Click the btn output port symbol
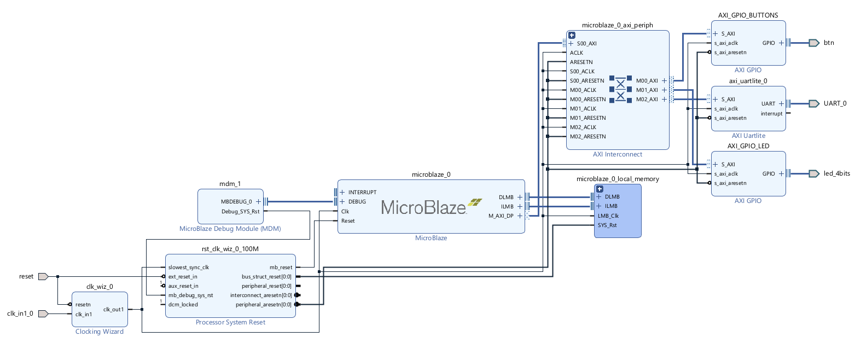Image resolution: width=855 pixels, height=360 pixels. pos(814,43)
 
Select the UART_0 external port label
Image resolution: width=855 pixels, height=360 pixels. pos(835,103)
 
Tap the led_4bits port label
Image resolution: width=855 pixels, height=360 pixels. pos(837,173)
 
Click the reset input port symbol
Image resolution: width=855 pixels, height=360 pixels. pos(43,276)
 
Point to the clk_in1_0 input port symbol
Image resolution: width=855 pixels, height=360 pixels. pos(43,314)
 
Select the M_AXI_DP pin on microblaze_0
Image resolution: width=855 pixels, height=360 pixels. pos(501,216)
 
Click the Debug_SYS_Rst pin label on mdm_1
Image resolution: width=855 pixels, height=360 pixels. pos(241,212)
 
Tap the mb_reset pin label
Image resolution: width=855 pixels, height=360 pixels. pos(281,267)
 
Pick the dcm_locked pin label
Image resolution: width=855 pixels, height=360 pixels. pos(183,305)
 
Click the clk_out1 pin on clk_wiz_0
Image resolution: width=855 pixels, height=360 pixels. pos(114,309)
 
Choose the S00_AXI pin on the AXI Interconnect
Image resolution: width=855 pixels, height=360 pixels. pos(586,44)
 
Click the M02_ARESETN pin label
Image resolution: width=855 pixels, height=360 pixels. pos(588,137)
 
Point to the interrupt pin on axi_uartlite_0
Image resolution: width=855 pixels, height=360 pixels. pos(771,114)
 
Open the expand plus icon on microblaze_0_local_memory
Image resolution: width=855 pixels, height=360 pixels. pos(600,189)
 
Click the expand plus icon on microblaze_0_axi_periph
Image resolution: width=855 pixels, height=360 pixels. pos(572,36)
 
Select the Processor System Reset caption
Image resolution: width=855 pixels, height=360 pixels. pos(230,322)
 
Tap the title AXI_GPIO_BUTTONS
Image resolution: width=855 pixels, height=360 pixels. pos(748,15)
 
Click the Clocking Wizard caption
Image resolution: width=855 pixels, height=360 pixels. pos(100,332)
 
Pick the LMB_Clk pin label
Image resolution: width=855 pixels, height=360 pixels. pos(608,216)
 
